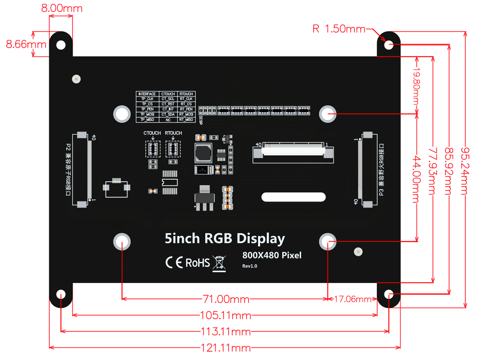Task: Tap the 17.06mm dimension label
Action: [x=353, y=299]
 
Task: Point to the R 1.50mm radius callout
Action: [x=339, y=29]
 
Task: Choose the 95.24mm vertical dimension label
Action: [x=464, y=171]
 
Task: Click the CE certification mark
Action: [x=174, y=262]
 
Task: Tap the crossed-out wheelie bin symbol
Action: [x=219, y=263]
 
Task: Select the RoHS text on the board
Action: [x=198, y=263]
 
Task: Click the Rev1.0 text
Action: [x=250, y=266]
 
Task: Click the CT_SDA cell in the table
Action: [x=168, y=114]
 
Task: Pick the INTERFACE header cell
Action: [x=147, y=94]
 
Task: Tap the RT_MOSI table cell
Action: [x=186, y=114]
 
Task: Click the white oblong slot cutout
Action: [x=293, y=197]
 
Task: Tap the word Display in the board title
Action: [x=260, y=239]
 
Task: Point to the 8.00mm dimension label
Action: [x=62, y=8]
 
